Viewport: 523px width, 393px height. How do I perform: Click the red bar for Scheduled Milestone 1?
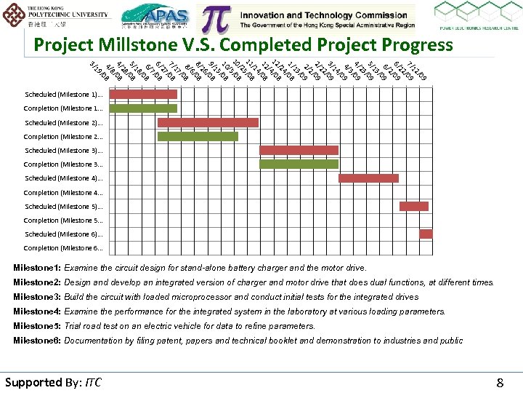click(x=142, y=94)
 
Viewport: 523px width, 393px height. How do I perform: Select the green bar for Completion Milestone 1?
click(x=142, y=108)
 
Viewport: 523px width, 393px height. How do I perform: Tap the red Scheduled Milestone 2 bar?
click(x=208, y=122)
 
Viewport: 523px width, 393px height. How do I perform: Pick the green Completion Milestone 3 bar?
click(x=299, y=164)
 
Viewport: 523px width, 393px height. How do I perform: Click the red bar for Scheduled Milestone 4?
click(x=368, y=178)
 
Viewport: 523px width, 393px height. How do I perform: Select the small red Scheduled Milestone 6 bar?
click(x=426, y=234)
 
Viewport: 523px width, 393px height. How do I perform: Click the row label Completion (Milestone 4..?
click(x=63, y=193)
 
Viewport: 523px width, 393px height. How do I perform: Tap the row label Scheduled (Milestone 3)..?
click(x=63, y=151)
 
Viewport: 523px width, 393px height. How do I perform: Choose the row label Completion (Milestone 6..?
click(x=63, y=248)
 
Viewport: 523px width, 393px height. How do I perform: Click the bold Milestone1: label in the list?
click(x=36, y=268)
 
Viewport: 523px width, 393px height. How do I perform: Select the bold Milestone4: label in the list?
click(x=36, y=311)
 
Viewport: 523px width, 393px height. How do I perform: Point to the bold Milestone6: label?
click(x=36, y=341)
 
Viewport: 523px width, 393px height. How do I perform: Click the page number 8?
click(x=500, y=383)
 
